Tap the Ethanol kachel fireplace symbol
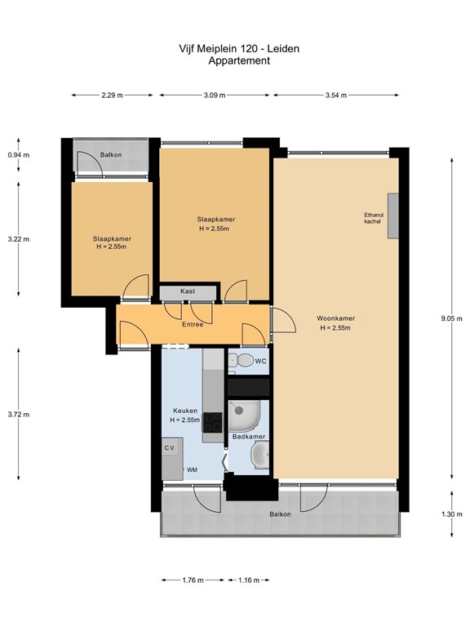(x=392, y=216)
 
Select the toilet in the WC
(x=243, y=360)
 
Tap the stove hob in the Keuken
(x=212, y=422)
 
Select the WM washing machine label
(x=193, y=470)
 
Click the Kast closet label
(x=187, y=291)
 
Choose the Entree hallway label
(x=193, y=324)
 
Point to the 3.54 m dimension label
(x=336, y=96)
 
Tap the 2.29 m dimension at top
(x=112, y=96)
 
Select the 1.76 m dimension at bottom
(x=193, y=580)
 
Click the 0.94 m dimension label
(x=18, y=154)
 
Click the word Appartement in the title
(x=239, y=60)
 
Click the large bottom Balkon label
(x=281, y=514)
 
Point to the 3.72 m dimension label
(x=18, y=414)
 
